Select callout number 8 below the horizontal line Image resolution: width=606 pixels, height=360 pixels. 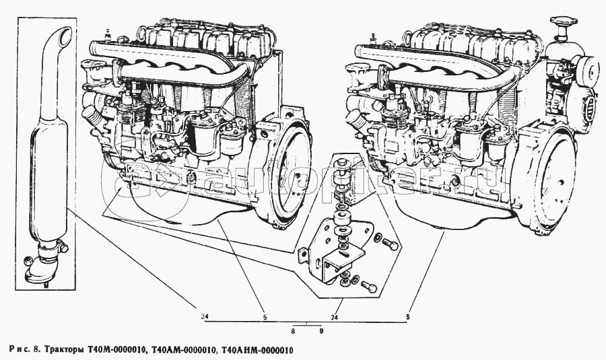coord(293,331)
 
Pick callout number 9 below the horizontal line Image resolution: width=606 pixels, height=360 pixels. coord(321,331)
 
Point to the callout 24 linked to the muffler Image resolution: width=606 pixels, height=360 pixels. coord(203,315)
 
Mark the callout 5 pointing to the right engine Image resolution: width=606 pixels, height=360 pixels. coord(408,315)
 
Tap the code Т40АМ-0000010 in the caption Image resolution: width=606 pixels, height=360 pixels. coord(184,350)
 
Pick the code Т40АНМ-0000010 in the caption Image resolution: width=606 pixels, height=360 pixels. coord(257,350)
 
